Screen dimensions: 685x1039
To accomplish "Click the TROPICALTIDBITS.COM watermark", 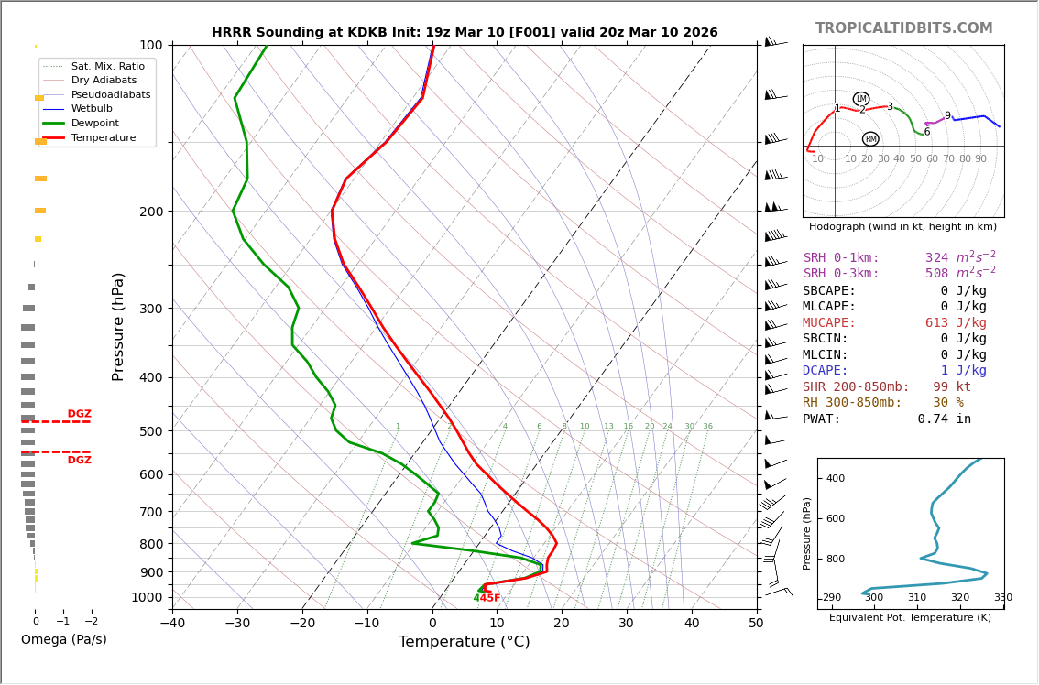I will coord(903,28).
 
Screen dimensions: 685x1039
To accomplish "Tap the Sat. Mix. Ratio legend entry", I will coord(107,67).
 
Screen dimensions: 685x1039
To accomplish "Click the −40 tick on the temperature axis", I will coord(172,624).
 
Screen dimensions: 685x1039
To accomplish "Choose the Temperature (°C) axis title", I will coord(464,642).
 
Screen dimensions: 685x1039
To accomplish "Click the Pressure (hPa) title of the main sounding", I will coord(118,326).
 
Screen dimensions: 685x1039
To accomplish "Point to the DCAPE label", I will coord(826,371).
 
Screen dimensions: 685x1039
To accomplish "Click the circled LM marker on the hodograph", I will coord(861,99).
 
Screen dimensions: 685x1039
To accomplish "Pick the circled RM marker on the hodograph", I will coord(870,139).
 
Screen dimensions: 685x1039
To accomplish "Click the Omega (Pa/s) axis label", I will coord(64,640).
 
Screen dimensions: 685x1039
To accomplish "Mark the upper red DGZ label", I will coord(79,414).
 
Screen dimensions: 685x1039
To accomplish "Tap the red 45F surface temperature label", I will coord(490,598).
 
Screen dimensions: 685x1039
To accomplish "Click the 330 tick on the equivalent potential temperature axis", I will coord(1003,598).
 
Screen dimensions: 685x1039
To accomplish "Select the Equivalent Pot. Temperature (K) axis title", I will coord(910,618).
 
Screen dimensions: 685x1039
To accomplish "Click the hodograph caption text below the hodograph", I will coord(902,226).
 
